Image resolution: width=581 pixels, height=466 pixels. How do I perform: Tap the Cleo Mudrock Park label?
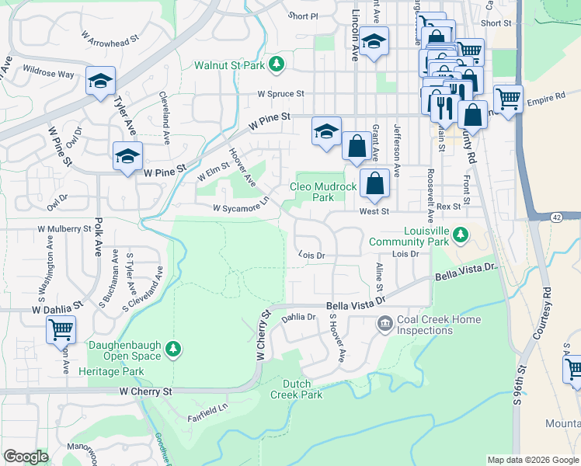[x=323, y=192]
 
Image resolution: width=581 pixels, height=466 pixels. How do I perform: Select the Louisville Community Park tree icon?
[x=460, y=234]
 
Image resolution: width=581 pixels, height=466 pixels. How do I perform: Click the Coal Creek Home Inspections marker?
[x=384, y=323]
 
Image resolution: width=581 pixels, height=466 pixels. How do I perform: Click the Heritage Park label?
[x=111, y=372]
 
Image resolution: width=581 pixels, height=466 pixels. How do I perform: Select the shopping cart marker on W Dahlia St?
[x=61, y=329]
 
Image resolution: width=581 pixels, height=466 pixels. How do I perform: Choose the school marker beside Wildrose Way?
[x=100, y=81]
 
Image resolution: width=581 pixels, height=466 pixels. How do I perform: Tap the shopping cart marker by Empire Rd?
[x=508, y=98]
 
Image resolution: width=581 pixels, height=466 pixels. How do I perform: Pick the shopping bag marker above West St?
[x=374, y=183]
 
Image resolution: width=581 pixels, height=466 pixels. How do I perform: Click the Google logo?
[x=26, y=457]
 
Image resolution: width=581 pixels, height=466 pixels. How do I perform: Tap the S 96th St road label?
[x=519, y=392]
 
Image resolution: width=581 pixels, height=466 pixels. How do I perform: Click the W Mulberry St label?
[x=64, y=229]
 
